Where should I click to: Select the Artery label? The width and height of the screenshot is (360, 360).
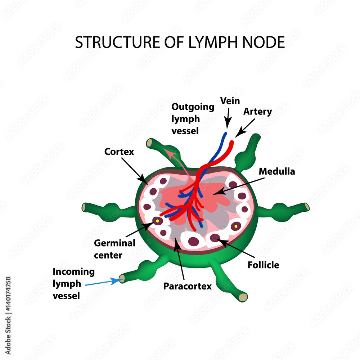click(x=257, y=112)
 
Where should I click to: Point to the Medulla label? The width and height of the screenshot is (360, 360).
click(x=277, y=171)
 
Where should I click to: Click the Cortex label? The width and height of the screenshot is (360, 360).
click(x=119, y=152)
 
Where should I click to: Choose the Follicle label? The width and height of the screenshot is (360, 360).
click(x=263, y=265)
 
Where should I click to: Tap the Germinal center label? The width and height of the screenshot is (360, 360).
click(x=114, y=249)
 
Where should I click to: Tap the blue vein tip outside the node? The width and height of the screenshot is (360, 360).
click(x=225, y=134)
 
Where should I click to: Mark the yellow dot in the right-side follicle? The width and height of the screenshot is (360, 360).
click(x=236, y=226)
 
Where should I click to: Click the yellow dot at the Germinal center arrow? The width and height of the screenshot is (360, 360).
click(x=157, y=220)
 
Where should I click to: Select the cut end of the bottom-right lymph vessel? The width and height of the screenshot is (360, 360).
click(x=243, y=297)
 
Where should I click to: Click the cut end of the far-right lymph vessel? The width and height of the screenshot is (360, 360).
click(x=307, y=207)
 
